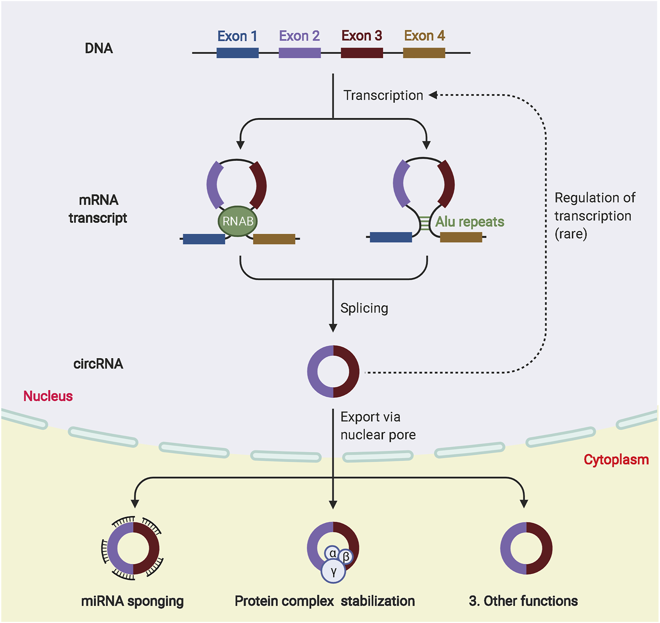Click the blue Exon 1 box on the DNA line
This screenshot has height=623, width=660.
click(237, 53)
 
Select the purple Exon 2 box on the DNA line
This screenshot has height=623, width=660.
click(299, 53)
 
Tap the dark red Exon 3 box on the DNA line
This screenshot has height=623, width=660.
click(362, 53)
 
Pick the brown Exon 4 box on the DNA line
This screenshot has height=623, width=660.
click(424, 53)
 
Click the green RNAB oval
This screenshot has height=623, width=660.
click(238, 221)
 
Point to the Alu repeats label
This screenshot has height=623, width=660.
click(469, 221)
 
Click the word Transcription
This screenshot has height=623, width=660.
click(383, 95)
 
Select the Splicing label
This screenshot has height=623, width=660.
click(364, 308)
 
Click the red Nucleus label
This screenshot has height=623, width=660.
click(48, 396)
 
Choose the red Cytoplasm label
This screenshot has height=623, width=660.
click(616, 459)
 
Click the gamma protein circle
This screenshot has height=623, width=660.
click(333, 571)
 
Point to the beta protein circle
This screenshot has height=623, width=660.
click(346, 557)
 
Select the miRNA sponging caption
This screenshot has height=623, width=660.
click(132, 601)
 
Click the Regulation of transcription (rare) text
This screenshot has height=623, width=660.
click(595, 216)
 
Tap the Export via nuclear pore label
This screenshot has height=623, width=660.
click(378, 426)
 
